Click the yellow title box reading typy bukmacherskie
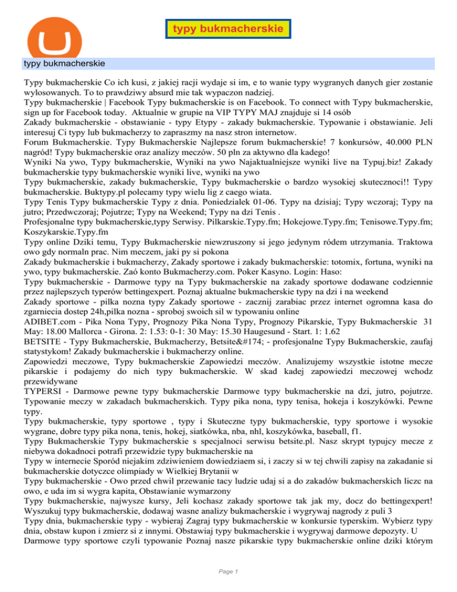point(228,29)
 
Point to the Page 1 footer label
point(228,572)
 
